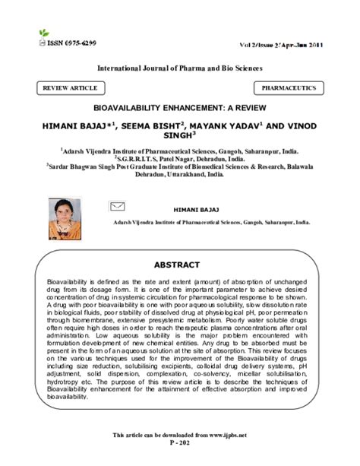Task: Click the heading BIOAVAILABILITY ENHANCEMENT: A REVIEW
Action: coord(179,109)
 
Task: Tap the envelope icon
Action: coord(117,205)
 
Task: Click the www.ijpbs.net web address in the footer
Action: coord(223,434)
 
